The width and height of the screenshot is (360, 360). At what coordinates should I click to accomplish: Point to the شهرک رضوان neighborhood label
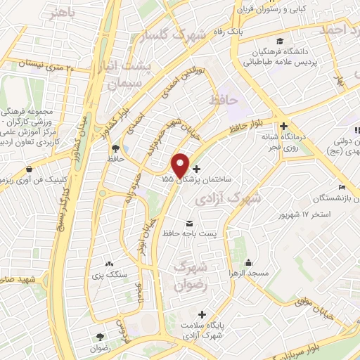(190, 276)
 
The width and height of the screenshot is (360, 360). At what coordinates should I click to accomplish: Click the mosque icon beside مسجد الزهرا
(231, 271)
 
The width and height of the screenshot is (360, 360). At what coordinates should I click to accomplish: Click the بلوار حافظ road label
(245, 127)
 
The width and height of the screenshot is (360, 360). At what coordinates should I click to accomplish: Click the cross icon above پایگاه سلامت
(204, 314)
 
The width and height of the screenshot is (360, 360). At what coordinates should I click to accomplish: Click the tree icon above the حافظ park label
(115, 148)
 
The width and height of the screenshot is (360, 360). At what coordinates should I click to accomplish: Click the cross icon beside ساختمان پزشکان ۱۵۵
(195, 169)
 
